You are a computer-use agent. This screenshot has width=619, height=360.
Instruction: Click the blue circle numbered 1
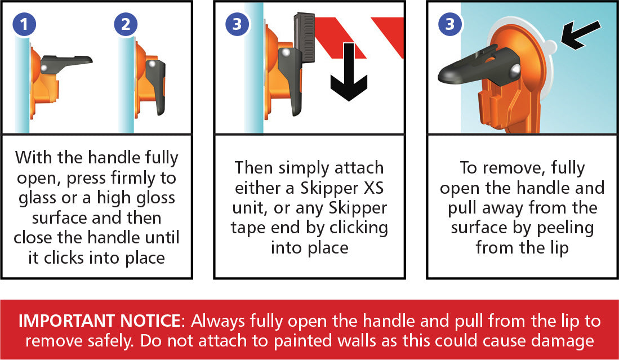point(24,24)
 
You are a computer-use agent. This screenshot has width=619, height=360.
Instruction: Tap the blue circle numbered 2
point(126,24)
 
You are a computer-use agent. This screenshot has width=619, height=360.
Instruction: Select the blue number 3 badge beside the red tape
point(237,24)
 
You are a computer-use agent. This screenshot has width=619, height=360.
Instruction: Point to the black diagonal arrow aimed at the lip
point(580,35)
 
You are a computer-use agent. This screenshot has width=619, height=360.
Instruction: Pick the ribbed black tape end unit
point(304,38)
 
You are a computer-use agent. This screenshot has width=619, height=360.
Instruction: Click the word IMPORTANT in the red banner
point(65,321)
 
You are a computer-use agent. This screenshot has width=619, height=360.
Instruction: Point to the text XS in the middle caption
point(373,188)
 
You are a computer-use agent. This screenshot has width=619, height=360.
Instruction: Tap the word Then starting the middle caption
point(254,168)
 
